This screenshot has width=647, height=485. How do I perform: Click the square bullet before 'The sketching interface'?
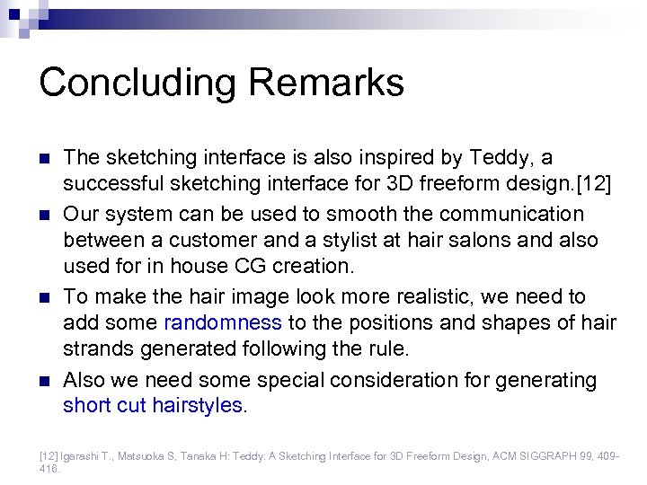pos(44,159)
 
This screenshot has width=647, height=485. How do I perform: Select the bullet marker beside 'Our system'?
pos(44,216)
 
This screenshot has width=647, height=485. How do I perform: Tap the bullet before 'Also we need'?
pos(44,381)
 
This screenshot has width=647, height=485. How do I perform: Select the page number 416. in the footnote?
pos(49,469)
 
